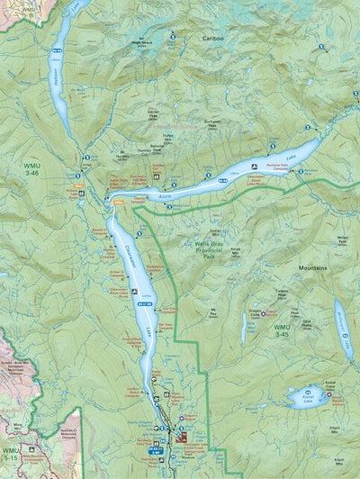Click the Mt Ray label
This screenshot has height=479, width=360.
coord(215,311)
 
